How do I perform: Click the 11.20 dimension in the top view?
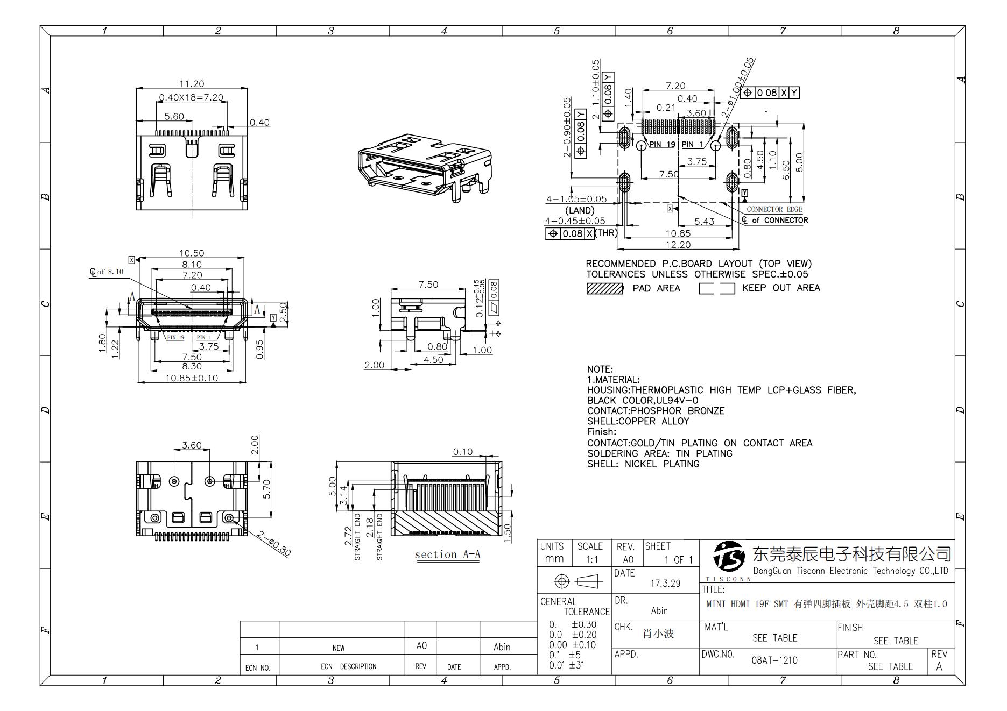coord(192,84)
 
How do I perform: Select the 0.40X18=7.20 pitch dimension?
coord(191,98)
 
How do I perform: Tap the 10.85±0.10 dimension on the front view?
coord(192,378)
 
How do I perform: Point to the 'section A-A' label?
coord(447,554)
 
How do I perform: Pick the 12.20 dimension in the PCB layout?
coord(678,245)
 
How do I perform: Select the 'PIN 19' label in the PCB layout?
coord(662,145)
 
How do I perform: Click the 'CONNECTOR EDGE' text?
coord(774,209)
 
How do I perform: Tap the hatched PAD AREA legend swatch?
coord(604,289)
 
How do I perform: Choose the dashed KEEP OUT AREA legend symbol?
coord(716,289)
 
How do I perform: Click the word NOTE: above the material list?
coord(600,369)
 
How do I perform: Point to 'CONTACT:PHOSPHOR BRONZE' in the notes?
coord(656,411)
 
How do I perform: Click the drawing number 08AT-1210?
coord(774,660)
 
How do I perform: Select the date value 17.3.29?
coord(665,584)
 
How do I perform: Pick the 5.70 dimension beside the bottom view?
coord(267,489)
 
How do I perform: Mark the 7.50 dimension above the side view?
coord(428,285)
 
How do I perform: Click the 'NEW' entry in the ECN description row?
coord(338,648)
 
